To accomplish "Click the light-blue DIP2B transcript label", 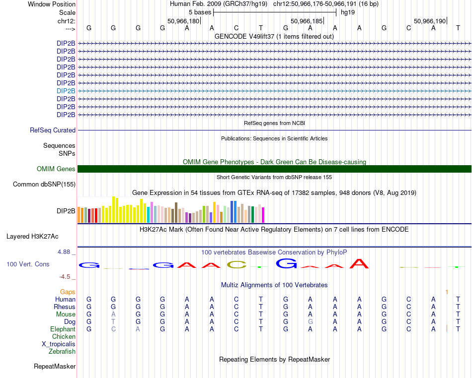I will tap(66, 91).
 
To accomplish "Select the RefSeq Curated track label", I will tap(53, 130).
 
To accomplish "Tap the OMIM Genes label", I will tap(56, 169).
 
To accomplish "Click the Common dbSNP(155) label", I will tap(44, 185).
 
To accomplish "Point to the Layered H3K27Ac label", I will tap(32, 237).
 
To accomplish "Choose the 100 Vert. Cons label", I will tap(28, 264).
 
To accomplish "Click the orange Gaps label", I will tap(68, 292).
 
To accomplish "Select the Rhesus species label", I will tap(65, 307).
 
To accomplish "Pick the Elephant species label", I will tap(63, 329).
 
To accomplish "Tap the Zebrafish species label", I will tap(62, 351).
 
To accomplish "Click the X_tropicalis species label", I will tap(59, 344).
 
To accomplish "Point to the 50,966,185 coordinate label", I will tap(307, 21).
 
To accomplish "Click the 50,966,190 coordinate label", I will tap(430, 21).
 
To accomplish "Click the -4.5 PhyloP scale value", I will tap(65, 277).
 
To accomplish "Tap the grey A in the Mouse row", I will tap(113, 314).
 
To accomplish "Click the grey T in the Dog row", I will tap(113, 321).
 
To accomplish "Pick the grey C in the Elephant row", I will tap(113, 329).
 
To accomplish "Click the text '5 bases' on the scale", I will tap(199, 12).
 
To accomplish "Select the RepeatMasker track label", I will tap(55, 367).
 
